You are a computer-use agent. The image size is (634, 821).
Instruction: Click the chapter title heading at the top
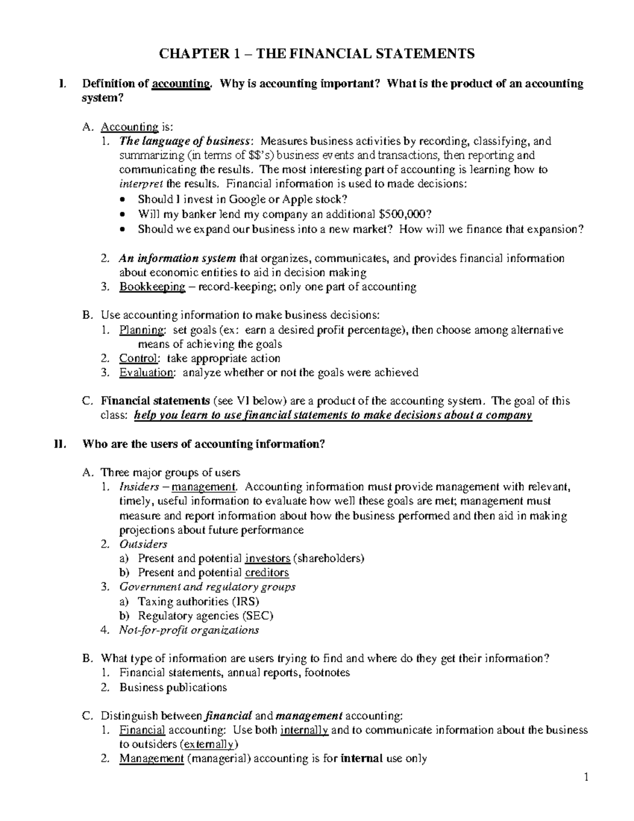coord(317,53)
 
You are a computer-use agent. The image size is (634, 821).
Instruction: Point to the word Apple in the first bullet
coord(284,199)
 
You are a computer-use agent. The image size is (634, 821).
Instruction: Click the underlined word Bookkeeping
coord(152,287)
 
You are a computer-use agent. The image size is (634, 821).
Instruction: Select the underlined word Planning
coord(142,330)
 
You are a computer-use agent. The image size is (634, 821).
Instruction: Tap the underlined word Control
coord(138,358)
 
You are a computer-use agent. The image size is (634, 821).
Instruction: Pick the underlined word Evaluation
coord(146,373)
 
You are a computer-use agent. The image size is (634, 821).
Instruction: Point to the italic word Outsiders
coord(143,544)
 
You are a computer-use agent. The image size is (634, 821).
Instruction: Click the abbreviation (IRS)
coord(245,602)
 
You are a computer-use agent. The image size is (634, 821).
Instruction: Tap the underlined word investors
coord(268,558)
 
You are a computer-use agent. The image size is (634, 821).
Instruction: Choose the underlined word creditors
coord(267,573)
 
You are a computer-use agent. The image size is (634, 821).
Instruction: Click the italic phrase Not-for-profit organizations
coord(189,630)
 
